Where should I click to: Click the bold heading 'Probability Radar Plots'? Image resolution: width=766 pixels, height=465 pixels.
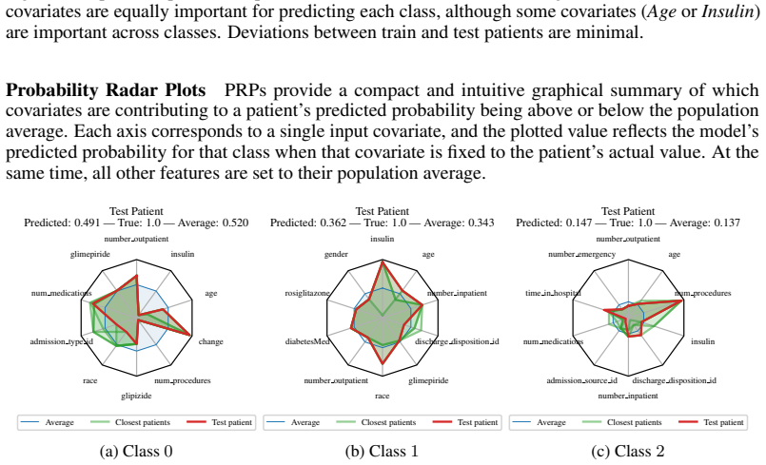pyautogui.click(x=106, y=90)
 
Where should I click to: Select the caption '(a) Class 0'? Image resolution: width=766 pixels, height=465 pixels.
pyautogui.click(x=136, y=451)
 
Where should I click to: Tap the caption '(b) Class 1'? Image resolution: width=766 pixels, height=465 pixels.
pyautogui.click(x=382, y=451)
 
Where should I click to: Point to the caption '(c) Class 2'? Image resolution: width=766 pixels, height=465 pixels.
pyautogui.click(x=628, y=451)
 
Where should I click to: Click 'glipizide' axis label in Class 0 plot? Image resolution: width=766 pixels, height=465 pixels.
pyautogui.click(x=136, y=396)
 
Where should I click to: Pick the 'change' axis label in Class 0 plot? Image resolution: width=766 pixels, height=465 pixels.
pyautogui.click(x=210, y=341)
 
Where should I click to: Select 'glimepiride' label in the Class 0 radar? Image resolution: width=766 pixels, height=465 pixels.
pyautogui.click(x=89, y=254)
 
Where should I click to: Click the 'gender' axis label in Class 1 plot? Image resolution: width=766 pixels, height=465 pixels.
pyautogui.click(x=336, y=254)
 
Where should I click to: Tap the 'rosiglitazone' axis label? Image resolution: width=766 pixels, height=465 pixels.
pyautogui.click(x=307, y=293)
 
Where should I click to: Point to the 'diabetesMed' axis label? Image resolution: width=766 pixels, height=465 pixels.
pyautogui.click(x=307, y=341)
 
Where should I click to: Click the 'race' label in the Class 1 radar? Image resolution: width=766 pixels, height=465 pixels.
pyautogui.click(x=382, y=396)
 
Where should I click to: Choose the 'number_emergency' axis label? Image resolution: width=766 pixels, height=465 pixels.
pyautogui.click(x=581, y=254)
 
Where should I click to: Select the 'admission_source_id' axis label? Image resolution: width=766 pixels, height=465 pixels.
pyautogui.click(x=581, y=380)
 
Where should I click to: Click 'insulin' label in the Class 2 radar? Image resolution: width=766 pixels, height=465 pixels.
pyautogui.click(x=702, y=341)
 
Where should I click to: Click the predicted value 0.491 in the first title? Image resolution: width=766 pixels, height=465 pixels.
pyautogui.click(x=87, y=223)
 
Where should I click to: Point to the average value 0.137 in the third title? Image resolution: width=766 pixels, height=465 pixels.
pyautogui.click(x=727, y=223)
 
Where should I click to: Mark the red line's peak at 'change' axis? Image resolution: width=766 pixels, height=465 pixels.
pyautogui.click(x=190, y=335)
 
